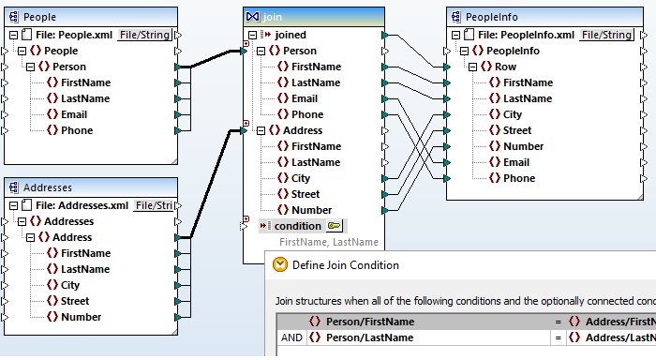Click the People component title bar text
click(39, 17)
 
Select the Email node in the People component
click(77, 114)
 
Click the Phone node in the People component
click(77, 130)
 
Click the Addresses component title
click(48, 187)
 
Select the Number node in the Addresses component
click(82, 317)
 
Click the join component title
click(272, 16)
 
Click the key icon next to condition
click(335, 226)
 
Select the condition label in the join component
click(297, 226)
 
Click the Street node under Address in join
click(306, 194)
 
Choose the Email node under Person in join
click(304, 98)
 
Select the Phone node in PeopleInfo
click(518, 178)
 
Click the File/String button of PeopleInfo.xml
click(605, 35)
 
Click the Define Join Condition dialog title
click(345, 265)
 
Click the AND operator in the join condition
click(291, 337)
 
